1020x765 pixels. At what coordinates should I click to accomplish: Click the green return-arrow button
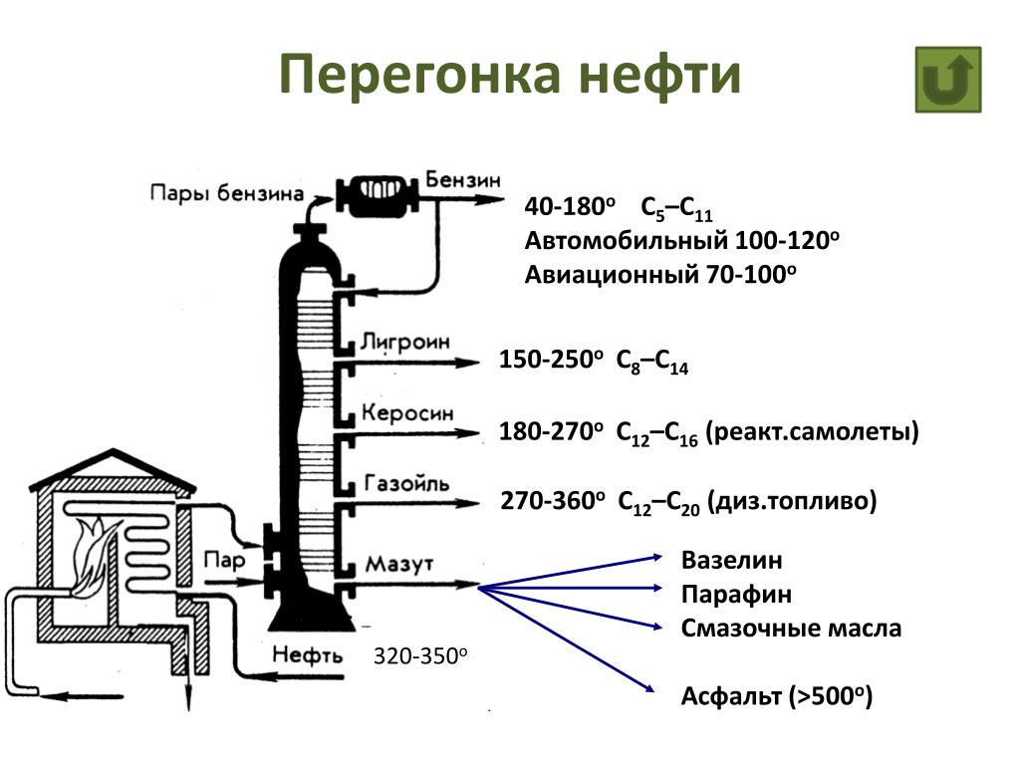point(947,80)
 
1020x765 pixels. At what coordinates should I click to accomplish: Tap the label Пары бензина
point(226,192)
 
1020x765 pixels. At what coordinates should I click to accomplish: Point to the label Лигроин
point(404,341)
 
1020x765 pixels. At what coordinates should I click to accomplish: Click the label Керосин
point(406,411)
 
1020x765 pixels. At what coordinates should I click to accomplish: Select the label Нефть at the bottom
point(306,656)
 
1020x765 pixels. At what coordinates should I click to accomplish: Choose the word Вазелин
point(732,560)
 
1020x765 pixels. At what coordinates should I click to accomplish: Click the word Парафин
point(737,595)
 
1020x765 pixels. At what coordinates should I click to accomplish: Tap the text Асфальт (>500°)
point(777,696)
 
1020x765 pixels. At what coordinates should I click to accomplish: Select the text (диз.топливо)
point(793,501)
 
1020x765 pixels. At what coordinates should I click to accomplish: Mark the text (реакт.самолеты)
point(812,432)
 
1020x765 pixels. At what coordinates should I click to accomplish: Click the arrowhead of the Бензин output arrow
point(495,199)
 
